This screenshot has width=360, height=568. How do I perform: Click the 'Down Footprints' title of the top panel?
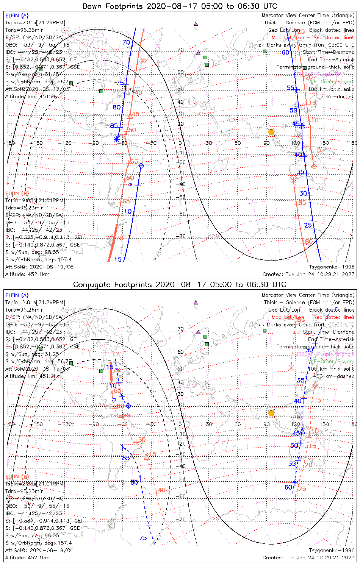click(180, 6)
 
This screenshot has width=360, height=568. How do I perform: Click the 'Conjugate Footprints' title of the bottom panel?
click(180, 284)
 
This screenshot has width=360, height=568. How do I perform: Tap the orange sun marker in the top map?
click(271, 132)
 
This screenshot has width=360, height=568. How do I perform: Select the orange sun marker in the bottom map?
click(271, 413)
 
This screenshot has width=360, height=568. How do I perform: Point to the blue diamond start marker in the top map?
click(141, 165)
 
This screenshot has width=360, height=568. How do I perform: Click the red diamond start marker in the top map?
click(314, 167)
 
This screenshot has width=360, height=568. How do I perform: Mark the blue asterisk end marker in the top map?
click(117, 139)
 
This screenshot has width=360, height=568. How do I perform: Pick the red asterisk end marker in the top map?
click(293, 180)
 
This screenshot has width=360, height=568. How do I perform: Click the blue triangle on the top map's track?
click(302, 125)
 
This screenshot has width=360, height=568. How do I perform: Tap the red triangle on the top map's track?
click(130, 115)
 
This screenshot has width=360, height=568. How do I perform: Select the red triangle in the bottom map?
click(147, 457)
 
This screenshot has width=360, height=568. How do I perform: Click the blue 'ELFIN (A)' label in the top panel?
click(17, 16)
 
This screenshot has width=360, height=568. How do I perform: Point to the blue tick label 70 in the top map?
click(126, 42)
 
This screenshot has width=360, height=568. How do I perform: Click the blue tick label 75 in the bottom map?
click(143, 538)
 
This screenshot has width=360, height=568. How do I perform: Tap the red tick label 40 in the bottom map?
click(162, 490)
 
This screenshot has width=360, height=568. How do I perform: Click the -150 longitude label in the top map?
click(38, 143)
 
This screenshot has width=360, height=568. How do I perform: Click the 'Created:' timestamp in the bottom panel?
click(308, 558)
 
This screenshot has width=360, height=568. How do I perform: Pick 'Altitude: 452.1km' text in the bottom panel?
click(27, 558)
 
